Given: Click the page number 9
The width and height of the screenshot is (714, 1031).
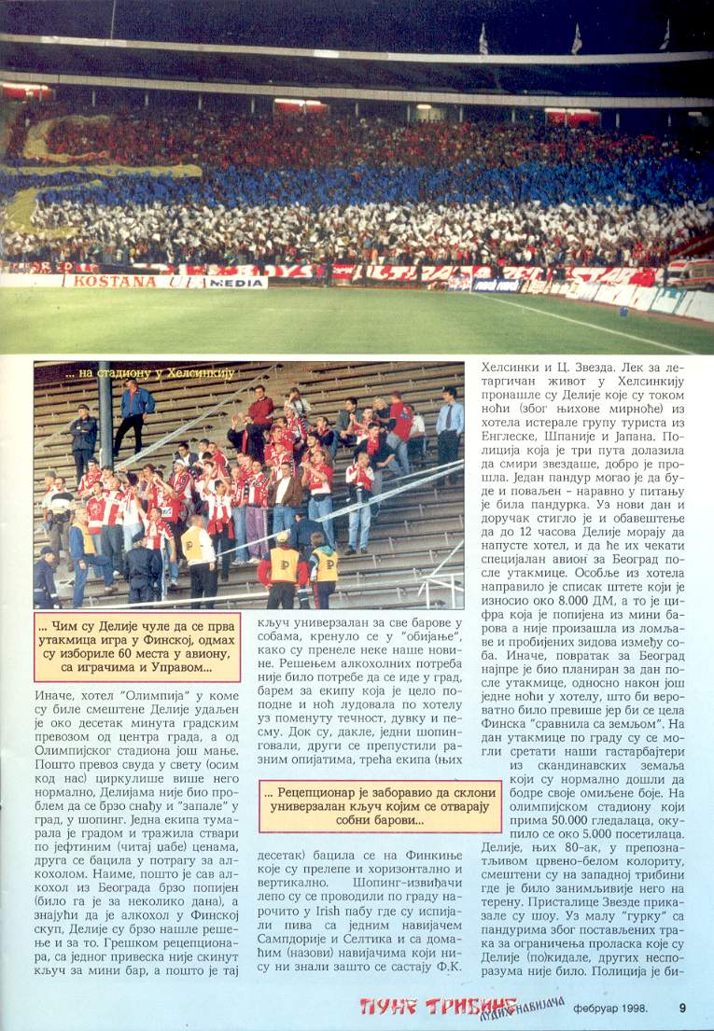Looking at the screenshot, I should (x=682, y=1006).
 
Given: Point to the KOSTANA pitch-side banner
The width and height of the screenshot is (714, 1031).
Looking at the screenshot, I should (x=103, y=281).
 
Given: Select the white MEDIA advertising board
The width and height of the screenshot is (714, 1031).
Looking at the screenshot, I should (x=236, y=282).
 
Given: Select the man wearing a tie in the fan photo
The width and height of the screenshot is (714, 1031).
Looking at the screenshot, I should (x=450, y=420).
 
